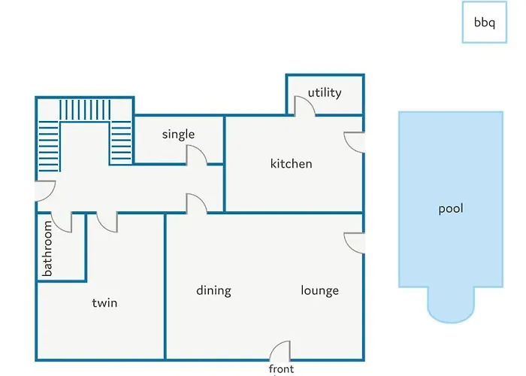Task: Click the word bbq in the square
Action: click(x=485, y=23)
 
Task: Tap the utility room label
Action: click(x=325, y=92)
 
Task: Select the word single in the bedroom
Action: click(x=178, y=135)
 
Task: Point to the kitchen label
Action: click(x=292, y=163)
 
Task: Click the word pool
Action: click(x=451, y=208)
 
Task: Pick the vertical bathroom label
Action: click(x=47, y=248)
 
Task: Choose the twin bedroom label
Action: click(x=104, y=303)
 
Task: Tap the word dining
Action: click(x=213, y=290)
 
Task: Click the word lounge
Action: click(x=319, y=290)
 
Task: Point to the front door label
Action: click(x=281, y=369)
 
